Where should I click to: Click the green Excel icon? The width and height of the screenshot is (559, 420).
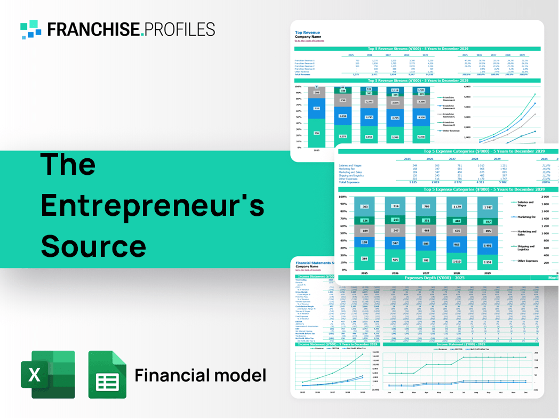tap(47, 374)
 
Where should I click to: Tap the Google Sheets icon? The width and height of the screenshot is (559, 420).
tap(107, 375)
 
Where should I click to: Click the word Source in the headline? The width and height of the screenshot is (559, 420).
tap(93, 246)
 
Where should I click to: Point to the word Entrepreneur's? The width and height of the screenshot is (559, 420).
tap(153, 205)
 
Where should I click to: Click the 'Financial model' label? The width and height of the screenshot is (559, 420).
tap(200, 375)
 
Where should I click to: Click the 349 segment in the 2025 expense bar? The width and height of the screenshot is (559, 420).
tap(364, 259)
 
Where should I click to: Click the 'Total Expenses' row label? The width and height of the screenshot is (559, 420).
tap(349, 182)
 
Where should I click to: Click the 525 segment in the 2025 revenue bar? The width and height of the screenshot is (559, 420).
tap(316, 109)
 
